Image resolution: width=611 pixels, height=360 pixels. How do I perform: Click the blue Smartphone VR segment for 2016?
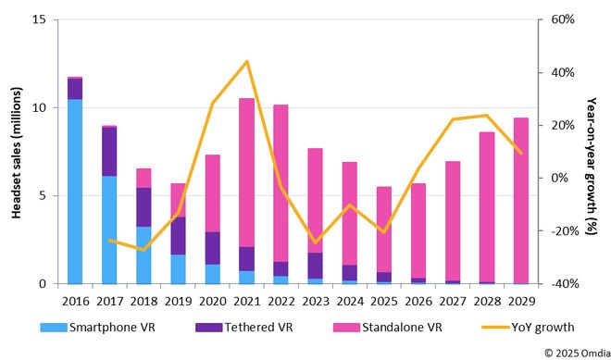(x=75, y=191)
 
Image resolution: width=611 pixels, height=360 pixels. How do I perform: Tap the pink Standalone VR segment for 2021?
(x=246, y=172)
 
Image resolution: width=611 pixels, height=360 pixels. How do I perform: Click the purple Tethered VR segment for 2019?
(x=178, y=236)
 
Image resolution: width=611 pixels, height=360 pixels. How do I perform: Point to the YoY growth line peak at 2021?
(x=246, y=61)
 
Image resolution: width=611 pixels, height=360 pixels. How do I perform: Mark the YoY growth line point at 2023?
(x=315, y=242)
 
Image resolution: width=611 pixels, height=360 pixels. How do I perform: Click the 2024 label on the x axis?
(x=349, y=299)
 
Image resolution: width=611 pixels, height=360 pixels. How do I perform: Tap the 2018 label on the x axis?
(x=143, y=299)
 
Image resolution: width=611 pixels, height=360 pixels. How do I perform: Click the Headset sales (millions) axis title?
(x=16, y=152)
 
